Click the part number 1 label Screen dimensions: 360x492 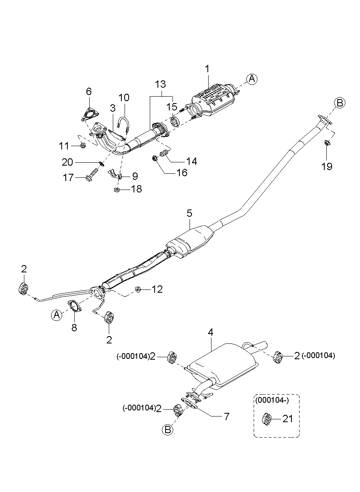tap(207, 69)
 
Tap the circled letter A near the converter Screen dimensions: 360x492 tap(252, 79)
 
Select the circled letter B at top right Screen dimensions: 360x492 tap(340, 103)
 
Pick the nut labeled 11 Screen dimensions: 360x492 tap(83, 145)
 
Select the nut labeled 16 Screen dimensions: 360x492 tap(154, 158)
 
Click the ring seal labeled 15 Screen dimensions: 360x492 tap(175, 122)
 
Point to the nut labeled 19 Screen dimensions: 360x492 tap(327, 143)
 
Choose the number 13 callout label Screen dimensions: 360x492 tap(160, 84)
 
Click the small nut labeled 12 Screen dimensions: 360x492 tap(138, 289)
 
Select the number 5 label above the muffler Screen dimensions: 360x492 tap(190, 213)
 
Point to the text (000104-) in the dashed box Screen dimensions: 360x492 tap(272, 400)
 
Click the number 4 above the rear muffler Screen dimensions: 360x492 tap(211, 332)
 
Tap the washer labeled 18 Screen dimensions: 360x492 tap(117, 189)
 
